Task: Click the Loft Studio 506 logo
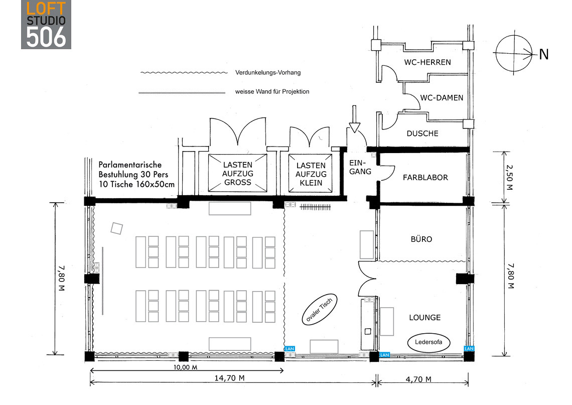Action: (x=46, y=25)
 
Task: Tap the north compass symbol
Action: (x=514, y=54)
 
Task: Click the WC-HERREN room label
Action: (x=427, y=62)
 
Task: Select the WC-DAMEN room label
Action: (x=442, y=98)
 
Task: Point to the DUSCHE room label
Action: (x=422, y=133)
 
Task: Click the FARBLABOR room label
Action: (x=425, y=178)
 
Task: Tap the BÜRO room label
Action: (x=421, y=239)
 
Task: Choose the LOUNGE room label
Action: (x=424, y=318)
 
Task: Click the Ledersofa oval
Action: (x=428, y=343)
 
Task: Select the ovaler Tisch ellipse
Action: (x=320, y=310)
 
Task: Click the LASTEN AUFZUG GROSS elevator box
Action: (x=237, y=173)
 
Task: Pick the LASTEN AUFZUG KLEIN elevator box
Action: (x=311, y=173)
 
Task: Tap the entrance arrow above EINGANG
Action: (x=354, y=119)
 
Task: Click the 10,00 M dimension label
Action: (x=185, y=367)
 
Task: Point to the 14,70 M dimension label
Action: (x=229, y=378)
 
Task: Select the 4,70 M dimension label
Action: (x=418, y=379)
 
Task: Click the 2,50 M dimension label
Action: (x=510, y=177)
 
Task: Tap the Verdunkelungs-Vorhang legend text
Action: (x=268, y=73)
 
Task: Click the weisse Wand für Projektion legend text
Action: (x=272, y=91)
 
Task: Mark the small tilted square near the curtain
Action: (x=117, y=228)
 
